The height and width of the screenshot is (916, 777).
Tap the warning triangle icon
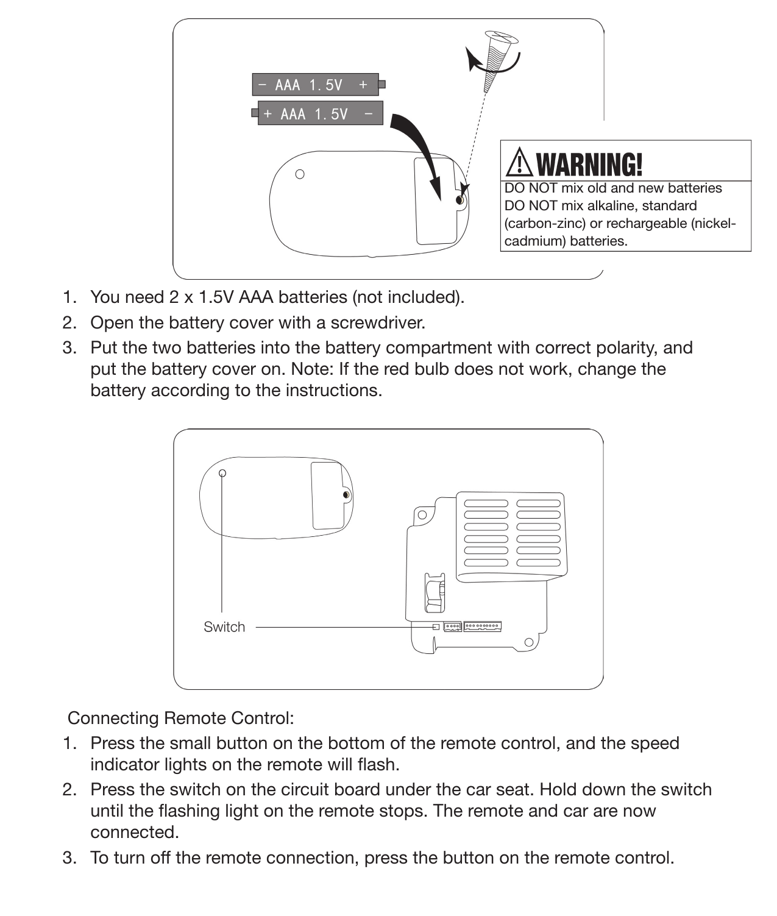[x=519, y=163]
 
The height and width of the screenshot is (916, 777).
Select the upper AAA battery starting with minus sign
[x=316, y=85]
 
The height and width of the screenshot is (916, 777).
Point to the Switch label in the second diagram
[x=224, y=627]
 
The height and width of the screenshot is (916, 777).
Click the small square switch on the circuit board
[x=436, y=627]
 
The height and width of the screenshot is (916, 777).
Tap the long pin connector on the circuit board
[x=482, y=626]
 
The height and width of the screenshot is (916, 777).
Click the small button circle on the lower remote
[x=222, y=473]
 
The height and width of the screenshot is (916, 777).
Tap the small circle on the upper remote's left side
[x=300, y=174]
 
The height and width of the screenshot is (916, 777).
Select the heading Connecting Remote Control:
[x=181, y=718]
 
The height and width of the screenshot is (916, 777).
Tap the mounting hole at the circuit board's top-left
[x=422, y=515]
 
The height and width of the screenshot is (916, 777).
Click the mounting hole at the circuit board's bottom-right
[x=528, y=642]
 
